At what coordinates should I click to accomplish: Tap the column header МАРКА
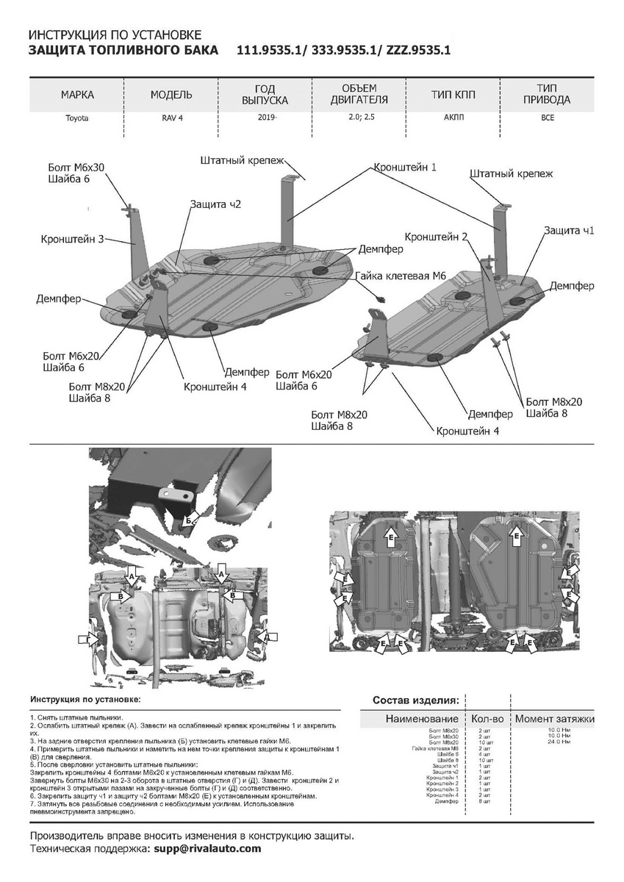(x=77, y=95)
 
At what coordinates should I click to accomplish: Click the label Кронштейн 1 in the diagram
(x=405, y=168)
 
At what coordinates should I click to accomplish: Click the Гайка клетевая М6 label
(x=401, y=276)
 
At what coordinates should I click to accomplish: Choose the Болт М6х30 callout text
(x=76, y=168)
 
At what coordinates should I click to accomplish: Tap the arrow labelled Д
(x=268, y=636)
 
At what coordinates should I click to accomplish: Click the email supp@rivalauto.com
(x=204, y=848)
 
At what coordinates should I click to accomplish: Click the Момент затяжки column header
(x=554, y=718)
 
